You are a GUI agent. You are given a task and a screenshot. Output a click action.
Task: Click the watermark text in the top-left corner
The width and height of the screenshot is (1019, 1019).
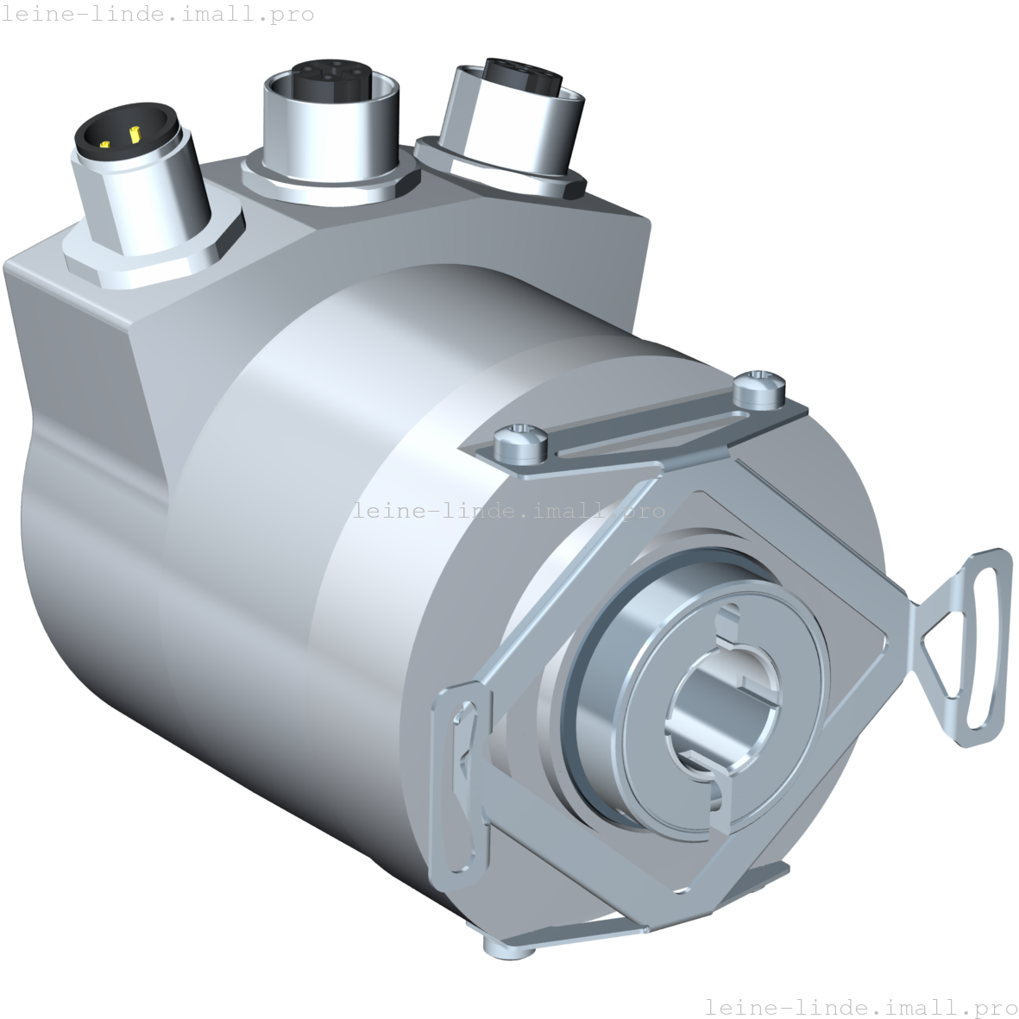coord(159,14)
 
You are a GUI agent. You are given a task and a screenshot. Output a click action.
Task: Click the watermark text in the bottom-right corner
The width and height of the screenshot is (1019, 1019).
coord(860,1007)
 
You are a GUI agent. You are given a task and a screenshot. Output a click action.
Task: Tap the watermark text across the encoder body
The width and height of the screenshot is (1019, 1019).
coord(509,511)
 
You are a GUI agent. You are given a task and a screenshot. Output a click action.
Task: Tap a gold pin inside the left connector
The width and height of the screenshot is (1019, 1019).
coord(135,134)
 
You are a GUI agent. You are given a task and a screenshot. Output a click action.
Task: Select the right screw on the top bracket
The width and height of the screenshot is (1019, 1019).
coord(758,387)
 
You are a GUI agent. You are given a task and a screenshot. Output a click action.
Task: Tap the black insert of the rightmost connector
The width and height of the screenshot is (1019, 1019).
coord(518,72)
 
